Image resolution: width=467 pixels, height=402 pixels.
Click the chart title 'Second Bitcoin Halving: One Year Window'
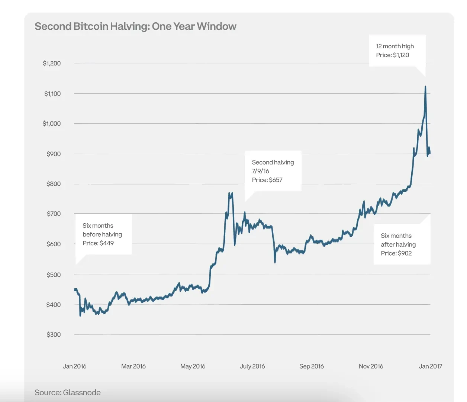135,26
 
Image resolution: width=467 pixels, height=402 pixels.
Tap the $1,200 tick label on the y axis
52,64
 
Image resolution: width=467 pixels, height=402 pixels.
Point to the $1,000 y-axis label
52,124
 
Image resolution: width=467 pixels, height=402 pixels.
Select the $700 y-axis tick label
54,214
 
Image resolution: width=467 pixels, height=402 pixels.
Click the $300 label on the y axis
54,335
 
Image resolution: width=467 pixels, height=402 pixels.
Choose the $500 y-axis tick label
54,275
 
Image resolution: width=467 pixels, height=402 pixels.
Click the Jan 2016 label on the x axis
74,366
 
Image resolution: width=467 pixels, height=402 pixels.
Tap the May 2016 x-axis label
193,366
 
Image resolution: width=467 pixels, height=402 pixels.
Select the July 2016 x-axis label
252,366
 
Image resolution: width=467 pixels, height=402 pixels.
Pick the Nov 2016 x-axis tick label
371,366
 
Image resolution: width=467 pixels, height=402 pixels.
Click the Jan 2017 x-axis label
430,366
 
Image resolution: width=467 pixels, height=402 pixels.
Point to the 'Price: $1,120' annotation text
392,55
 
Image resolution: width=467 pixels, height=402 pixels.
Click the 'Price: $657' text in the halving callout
267,180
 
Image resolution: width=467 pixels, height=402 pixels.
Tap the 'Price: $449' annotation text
98,243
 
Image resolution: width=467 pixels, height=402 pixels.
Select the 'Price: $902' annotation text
396,253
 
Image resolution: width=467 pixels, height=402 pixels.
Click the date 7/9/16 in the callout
260,171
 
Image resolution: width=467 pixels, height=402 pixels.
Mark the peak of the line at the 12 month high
425,87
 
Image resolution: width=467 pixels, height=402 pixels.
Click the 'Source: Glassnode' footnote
68,393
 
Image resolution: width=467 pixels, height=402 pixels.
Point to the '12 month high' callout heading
395,46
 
